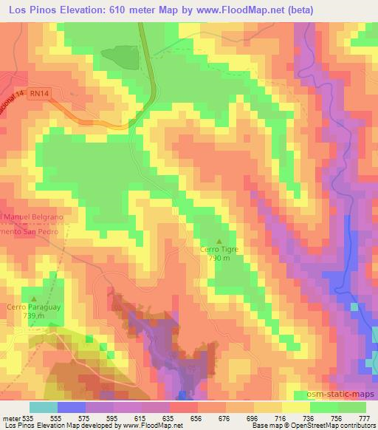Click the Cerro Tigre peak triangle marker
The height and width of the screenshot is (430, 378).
(219, 241)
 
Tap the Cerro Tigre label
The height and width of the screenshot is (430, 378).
(219, 250)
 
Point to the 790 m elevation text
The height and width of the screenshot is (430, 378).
(219, 259)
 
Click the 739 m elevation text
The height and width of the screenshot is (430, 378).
(34, 315)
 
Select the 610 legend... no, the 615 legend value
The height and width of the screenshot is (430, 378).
(139, 418)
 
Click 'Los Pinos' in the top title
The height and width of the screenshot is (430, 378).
(32, 10)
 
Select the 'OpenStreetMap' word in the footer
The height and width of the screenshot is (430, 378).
(304, 426)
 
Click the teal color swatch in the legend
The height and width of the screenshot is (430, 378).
(43, 407)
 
